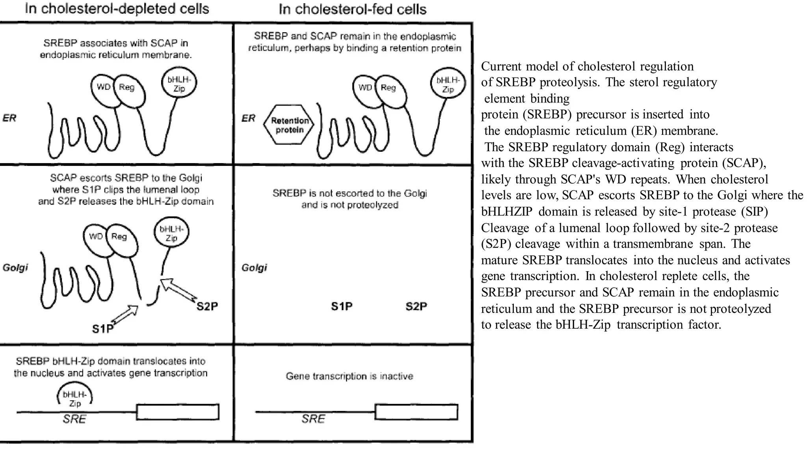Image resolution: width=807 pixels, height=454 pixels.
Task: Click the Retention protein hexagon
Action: tap(290, 125)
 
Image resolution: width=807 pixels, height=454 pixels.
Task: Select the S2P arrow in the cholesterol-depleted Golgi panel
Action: tap(178, 291)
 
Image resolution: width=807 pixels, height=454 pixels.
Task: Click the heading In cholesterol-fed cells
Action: tap(352, 9)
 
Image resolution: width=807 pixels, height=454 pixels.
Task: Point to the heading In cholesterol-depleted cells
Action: tap(117, 9)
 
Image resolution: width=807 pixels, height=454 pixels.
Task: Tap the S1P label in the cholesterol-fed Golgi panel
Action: tap(342, 306)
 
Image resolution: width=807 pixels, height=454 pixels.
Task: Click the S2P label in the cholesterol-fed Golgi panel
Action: tap(416, 306)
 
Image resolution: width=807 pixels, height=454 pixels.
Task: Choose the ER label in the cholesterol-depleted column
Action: tap(9, 118)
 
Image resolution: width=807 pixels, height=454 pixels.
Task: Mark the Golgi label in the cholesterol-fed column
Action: tap(254, 268)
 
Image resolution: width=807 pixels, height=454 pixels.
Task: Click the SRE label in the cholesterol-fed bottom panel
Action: tap(313, 419)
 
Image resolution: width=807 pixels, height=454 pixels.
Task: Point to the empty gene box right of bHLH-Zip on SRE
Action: tap(178, 412)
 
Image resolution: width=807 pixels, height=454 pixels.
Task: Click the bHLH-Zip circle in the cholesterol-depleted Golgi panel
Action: tap(171, 232)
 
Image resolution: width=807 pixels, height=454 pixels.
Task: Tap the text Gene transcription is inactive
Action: tap(350, 376)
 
